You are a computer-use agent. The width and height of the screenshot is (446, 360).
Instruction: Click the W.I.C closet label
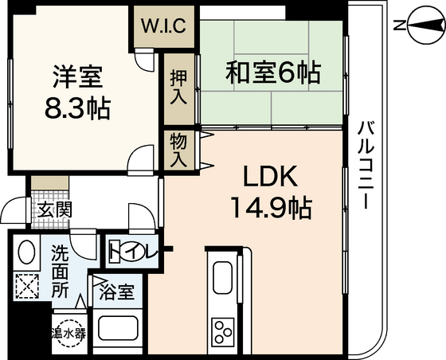point(164,25)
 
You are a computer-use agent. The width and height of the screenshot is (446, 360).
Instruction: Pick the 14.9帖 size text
point(271,209)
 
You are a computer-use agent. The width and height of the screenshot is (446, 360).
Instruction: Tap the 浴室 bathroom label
point(117,292)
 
